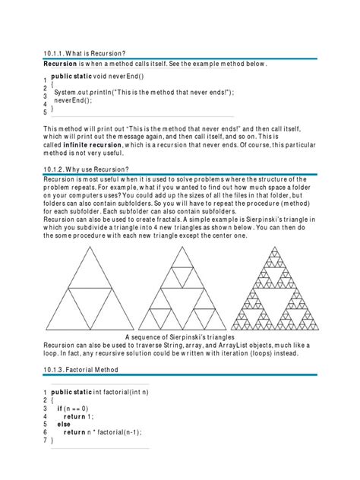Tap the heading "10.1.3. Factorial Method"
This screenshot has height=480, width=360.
coord(81,370)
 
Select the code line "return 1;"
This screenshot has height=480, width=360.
coord(79,416)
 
